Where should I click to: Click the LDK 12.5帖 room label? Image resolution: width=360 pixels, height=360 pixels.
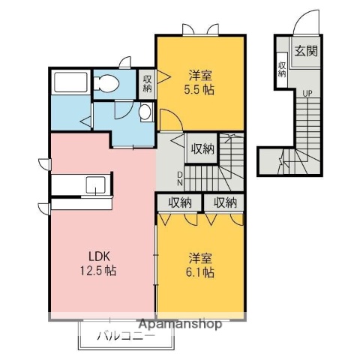click(x=98, y=263)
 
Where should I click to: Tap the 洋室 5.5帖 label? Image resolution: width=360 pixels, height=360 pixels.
click(x=199, y=82)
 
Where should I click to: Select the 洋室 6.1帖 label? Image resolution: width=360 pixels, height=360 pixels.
click(x=200, y=265)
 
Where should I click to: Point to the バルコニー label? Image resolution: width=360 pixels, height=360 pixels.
click(x=126, y=336)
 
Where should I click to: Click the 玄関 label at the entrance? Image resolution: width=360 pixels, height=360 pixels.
click(x=306, y=51)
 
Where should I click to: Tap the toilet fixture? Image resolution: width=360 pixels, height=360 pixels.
click(x=106, y=83)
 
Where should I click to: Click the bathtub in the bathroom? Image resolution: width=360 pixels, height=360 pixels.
click(x=70, y=82)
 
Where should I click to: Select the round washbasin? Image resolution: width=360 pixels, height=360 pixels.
click(x=145, y=112)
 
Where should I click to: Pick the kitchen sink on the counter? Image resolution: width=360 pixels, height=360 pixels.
click(x=96, y=185)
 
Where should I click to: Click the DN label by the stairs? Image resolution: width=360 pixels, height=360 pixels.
click(x=180, y=178)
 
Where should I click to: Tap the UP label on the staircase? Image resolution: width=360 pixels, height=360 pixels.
click(x=307, y=94)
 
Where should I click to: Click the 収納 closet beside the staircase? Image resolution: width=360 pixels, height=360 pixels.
click(x=202, y=149)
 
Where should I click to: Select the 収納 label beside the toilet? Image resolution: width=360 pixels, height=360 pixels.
click(x=148, y=84)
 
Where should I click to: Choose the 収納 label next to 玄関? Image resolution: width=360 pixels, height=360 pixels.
click(x=282, y=70)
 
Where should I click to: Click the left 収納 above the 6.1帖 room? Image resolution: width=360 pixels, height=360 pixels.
click(x=180, y=202)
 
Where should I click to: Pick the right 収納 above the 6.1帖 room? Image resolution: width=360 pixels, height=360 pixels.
click(x=225, y=202)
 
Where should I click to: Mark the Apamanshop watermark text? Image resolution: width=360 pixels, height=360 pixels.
click(x=180, y=325)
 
